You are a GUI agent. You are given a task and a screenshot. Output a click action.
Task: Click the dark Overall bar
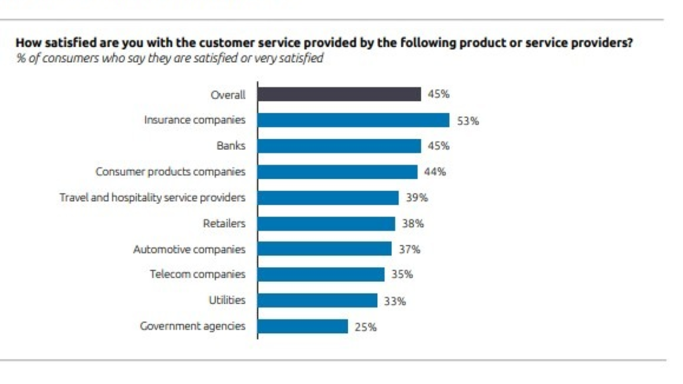point(339,94)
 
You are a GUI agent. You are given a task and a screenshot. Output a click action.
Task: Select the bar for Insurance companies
point(353,120)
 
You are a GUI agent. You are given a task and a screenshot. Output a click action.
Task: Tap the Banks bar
point(339,146)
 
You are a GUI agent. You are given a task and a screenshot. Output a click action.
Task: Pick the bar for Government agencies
point(302,327)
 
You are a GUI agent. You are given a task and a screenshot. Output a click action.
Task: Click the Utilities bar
point(317,300)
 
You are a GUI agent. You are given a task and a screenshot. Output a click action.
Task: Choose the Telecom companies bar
point(320,274)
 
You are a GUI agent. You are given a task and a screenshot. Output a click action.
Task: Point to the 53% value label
point(467,121)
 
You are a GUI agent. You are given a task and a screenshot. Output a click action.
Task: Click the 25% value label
point(365,327)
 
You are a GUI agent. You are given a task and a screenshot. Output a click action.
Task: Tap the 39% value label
point(417,198)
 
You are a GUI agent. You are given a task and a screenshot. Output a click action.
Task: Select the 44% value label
point(435,172)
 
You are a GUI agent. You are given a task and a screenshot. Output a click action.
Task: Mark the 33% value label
point(394,301)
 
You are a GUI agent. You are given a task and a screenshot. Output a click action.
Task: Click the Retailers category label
point(224,224)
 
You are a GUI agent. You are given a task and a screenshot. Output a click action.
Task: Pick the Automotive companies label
point(189,249)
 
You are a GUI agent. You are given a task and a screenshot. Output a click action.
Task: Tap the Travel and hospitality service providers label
point(153,197)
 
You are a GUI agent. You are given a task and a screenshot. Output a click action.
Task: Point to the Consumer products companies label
point(170,172)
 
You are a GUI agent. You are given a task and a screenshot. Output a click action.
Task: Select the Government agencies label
point(192,327)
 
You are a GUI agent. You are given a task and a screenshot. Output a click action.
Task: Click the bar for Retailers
point(326,224)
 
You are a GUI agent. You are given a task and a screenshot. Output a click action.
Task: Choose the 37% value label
point(409,249)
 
